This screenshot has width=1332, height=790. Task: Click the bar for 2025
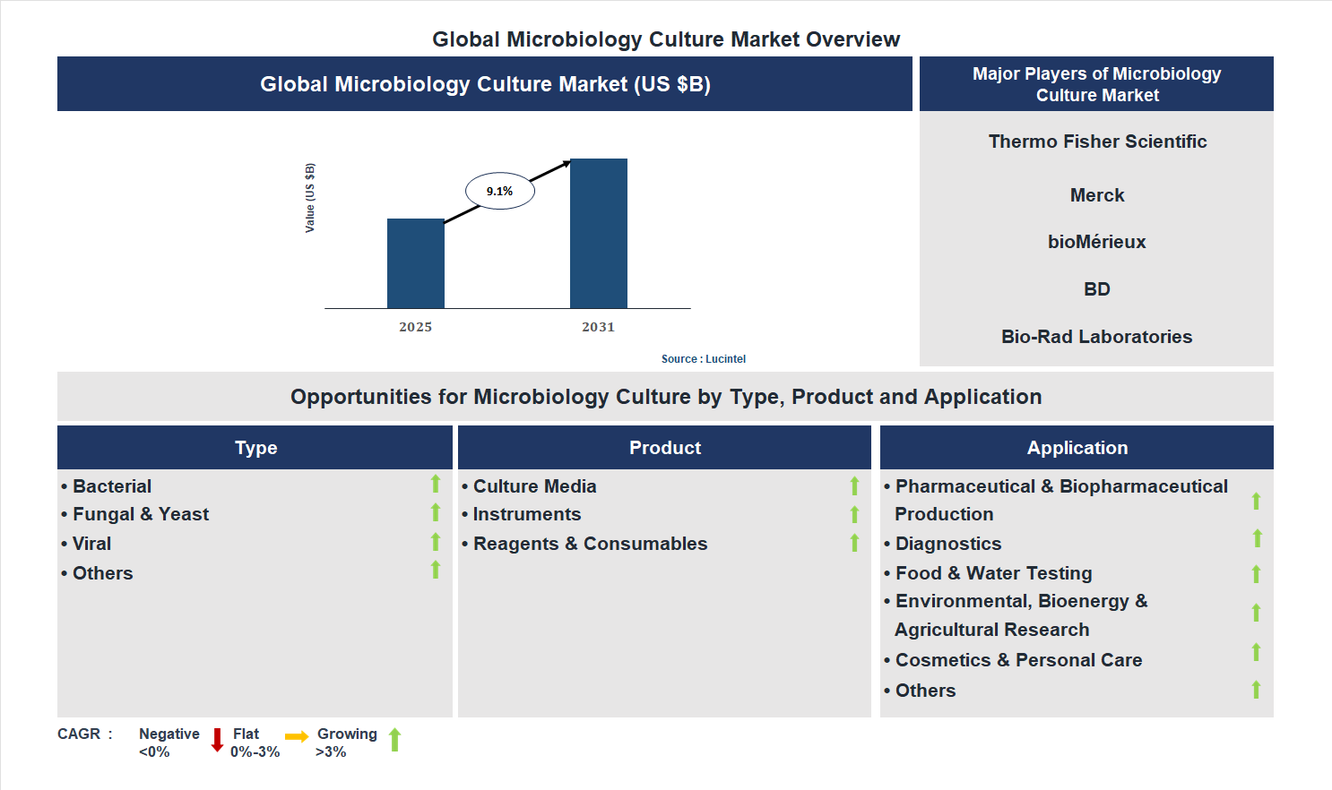[x=415, y=263]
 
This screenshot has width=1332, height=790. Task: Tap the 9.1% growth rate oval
[x=499, y=191]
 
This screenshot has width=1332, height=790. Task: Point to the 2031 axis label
[x=598, y=327]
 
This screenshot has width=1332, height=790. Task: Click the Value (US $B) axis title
[x=310, y=198]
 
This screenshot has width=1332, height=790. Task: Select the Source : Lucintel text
[x=703, y=359]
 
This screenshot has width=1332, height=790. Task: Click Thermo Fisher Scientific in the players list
[x=1097, y=142]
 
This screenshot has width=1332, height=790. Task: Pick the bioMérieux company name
[x=1096, y=242]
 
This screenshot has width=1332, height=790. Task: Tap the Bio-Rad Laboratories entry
[x=1096, y=337]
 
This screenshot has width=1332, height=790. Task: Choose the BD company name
[x=1096, y=289]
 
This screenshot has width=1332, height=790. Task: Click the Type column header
[x=255, y=448]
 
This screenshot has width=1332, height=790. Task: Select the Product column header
[x=664, y=448]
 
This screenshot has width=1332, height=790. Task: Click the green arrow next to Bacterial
[x=436, y=484]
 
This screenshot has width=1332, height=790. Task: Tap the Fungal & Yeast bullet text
[x=141, y=514]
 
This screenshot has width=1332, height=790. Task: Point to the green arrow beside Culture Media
[x=854, y=485]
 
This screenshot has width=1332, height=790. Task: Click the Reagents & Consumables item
[x=590, y=544]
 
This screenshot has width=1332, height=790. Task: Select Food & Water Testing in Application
[x=993, y=573]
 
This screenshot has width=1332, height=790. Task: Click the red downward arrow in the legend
[x=217, y=740]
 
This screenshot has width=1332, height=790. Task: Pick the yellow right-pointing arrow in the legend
[x=297, y=736]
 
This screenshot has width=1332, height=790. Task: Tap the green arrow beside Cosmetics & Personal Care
[x=1256, y=652]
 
